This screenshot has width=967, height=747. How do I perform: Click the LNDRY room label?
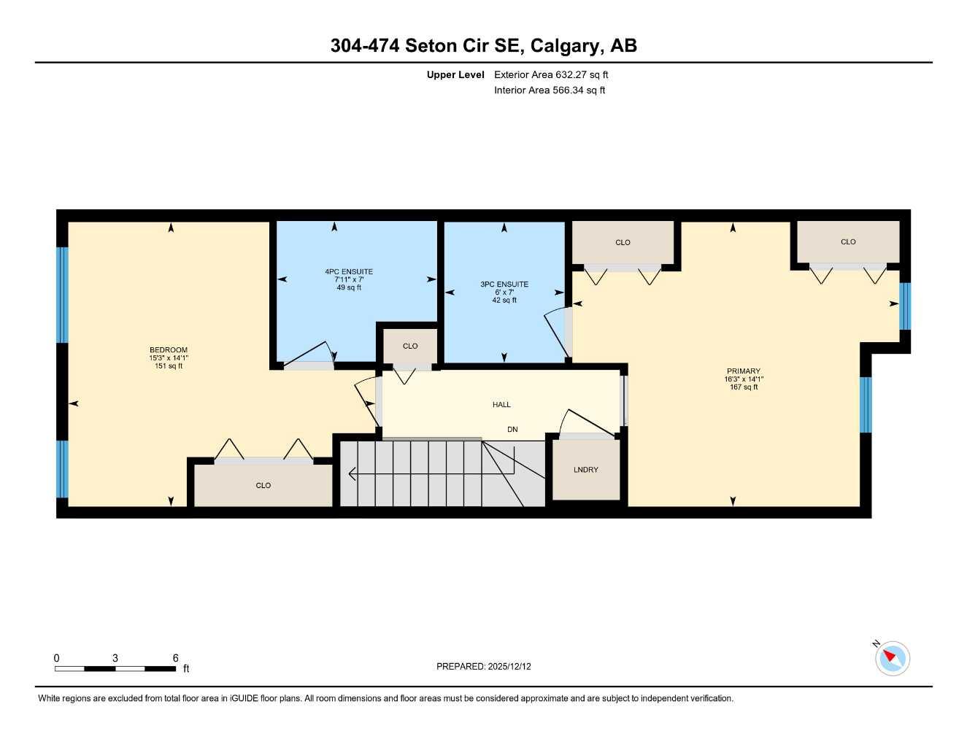click(x=585, y=470)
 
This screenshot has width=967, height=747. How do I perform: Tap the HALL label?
click(x=501, y=405)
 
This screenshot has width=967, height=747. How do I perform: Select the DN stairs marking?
click(x=512, y=430)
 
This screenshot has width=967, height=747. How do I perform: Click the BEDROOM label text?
click(x=169, y=350)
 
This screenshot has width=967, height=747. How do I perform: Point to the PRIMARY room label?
click(x=743, y=371)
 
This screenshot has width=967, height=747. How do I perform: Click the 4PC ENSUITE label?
click(x=349, y=272)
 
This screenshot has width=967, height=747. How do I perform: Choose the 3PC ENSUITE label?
click(x=504, y=285)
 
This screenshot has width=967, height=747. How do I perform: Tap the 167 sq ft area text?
click(x=743, y=387)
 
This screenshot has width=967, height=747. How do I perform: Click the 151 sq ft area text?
click(x=169, y=366)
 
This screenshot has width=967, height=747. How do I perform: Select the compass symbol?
click(x=892, y=659)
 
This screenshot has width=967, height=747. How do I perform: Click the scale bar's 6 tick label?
click(x=175, y=658)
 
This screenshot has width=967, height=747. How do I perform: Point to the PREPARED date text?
click(x=484, y=667)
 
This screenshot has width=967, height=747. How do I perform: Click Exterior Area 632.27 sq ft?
click(x=551, y=74)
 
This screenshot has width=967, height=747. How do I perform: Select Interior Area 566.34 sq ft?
click(x=550, y=90)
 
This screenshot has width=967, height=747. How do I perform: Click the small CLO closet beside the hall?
click(x=410, y=346)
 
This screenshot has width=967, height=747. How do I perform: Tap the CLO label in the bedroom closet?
click(x=263, y=485)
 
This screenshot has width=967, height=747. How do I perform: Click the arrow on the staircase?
click(x=353, y=474)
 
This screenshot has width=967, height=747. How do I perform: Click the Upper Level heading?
click(x=455, y=74)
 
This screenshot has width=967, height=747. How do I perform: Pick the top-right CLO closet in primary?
click(x=848, y=242)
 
